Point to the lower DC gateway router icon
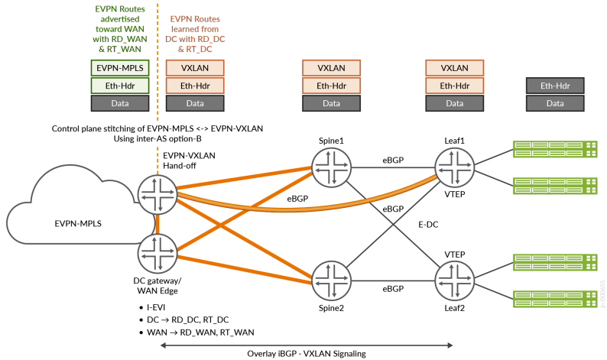pyautogui.click(x=157, y=253)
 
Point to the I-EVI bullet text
pyautogui.click(x=160, y=306)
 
